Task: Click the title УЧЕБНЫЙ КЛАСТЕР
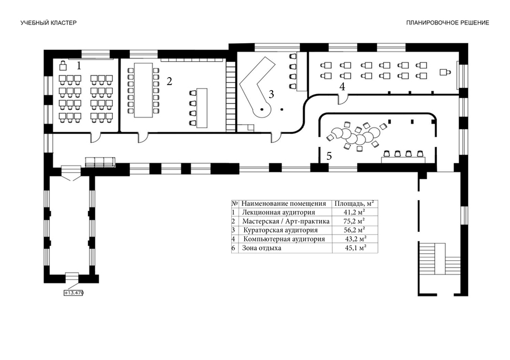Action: pos(48,23)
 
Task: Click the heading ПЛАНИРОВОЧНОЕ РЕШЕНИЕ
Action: pos(447,23)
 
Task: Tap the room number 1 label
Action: pos(79,66)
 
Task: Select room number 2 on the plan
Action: pos(169,81)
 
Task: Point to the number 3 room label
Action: pos(271,94)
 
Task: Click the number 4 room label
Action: pos(342,86)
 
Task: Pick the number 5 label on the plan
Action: pos(329,155)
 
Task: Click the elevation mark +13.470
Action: pos(74,293)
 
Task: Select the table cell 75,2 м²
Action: pos(355,221)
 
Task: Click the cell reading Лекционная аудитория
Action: pos(274,212)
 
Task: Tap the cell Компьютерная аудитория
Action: pos(284,239)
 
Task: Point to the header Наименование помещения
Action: pos(283,203)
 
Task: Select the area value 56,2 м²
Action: pos(355,230)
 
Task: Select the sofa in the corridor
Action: pos(100,162)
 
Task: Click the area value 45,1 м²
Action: pos(355,248)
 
